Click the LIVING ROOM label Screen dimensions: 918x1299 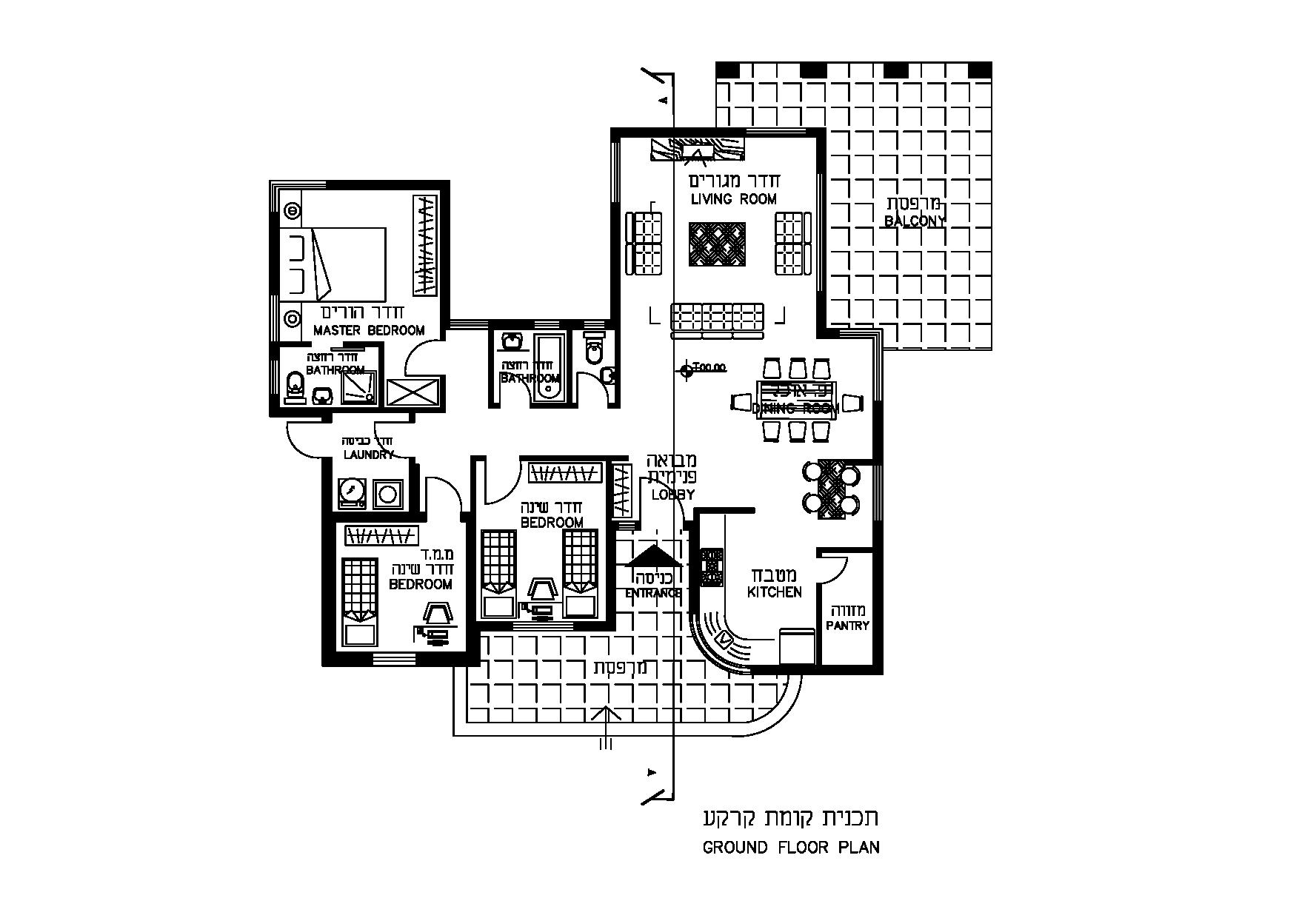[x=733, y=199]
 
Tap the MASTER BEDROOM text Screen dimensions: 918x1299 [x=368, y=330]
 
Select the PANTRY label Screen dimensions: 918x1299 [x=847, y=626]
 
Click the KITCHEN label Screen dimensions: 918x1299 [x=774, y=592]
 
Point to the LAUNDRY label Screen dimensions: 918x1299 [x=368, y=455]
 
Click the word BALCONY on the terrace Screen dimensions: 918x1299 [x=915, y=221]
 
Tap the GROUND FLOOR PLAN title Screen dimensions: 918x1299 [x=791, y=848]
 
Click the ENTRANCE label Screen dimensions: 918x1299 [x=653, y=593]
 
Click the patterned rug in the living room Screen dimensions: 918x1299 [x=718, y=244]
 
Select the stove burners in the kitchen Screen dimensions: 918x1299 [x=712, y=566]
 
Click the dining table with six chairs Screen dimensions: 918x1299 [x=796, y=401]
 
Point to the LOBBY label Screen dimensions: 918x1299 [x=672, y=495]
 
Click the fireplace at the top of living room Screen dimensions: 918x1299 [x=697, y=150]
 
